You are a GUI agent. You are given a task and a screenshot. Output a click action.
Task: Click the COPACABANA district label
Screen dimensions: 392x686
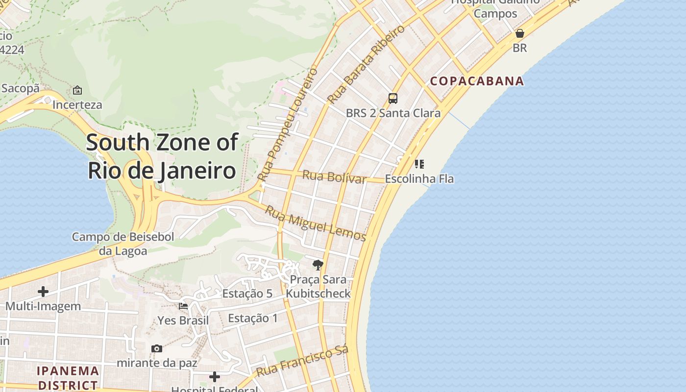point(477,81)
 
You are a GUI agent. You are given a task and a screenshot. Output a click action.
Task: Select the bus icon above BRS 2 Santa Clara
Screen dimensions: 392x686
point(393,98)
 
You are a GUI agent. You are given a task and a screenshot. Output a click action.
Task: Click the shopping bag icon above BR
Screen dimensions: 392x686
point(519,33)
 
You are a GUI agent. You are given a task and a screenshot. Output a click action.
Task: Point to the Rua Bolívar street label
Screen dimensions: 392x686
point(334,177)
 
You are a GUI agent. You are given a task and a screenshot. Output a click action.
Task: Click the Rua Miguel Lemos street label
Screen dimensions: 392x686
point(316,223)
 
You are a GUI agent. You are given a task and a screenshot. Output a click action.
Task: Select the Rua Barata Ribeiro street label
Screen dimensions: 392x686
point(366,64)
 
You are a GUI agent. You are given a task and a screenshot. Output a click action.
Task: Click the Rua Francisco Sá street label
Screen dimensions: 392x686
point(302,361)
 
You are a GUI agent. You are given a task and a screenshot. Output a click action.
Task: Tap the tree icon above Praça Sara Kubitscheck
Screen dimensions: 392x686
point(318,265)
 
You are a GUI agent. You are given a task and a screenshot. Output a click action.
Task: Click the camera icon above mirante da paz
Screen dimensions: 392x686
point(157,348)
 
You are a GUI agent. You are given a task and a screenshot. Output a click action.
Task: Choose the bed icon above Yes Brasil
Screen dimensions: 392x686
point(183,306)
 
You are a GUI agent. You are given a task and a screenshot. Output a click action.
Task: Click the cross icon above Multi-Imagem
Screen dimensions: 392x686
point(43,292)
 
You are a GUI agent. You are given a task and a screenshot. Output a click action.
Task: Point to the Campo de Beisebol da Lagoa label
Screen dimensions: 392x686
point(123,244)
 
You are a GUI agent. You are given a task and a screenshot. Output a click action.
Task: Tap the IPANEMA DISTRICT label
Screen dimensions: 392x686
point(68,378)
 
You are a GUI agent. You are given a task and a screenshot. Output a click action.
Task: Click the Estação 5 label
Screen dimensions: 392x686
point(247,294)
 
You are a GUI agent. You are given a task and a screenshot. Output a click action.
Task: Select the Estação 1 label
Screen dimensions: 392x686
point(253,318)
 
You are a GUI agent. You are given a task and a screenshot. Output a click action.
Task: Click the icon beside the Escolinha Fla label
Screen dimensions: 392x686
point(419,164)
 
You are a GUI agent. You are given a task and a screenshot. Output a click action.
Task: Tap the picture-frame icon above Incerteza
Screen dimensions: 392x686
point(77,90)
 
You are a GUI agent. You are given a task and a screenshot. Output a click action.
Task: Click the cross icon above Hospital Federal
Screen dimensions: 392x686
point(214,376)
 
